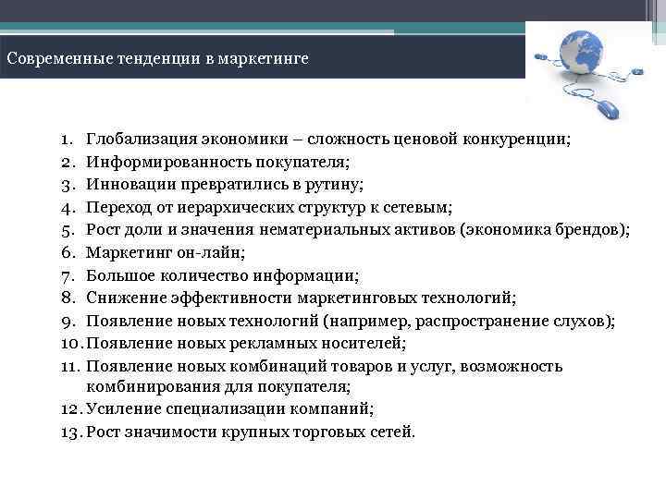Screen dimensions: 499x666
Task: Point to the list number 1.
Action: pyautogui.click(x=68, y=140)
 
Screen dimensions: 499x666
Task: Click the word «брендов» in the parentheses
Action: pyautogui.click(x=591, y=230)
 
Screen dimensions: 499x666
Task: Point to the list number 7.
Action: pyautogui.click(x=68, y=275)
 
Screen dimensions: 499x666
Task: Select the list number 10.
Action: pyautogui.click(x=70, y=343)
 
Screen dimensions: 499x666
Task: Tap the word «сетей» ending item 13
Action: pyautogui.click(x=392, y=432)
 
